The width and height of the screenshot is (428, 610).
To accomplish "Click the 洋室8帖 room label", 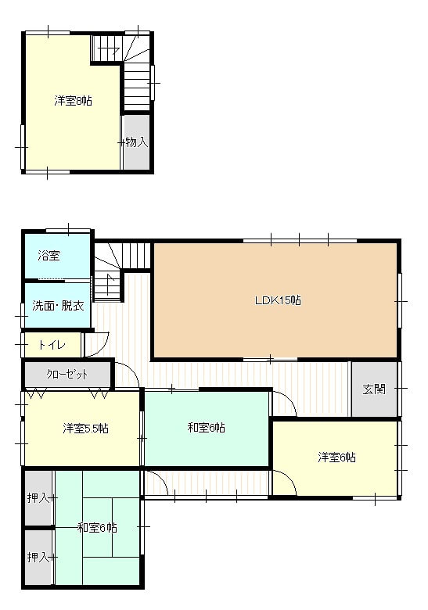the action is click(x=73, y=101).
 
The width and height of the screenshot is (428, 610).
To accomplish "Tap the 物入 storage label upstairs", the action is click(x=137, y=142).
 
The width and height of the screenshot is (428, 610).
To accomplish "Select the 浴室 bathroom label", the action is click(x=49, y=256).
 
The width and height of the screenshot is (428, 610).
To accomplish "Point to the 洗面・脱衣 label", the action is click(x=58, y=305).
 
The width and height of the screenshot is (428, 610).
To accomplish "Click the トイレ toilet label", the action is click(x=52, y=345).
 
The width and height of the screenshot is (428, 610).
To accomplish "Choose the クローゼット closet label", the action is click(x=67, y=375).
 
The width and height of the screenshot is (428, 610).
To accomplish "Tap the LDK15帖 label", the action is click(x=278, y=300).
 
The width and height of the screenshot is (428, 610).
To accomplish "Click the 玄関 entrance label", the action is click(x=374, y=389).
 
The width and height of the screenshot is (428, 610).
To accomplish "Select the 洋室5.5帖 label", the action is click(x=85, y=429).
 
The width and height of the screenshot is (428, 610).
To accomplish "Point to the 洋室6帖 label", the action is click(x=336, y=457).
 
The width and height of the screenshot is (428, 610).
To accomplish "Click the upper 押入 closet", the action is click(x=38, y=497).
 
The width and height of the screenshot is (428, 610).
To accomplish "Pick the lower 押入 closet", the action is click(x=38, y=557).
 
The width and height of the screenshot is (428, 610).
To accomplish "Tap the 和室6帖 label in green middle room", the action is click(x=207, y=428).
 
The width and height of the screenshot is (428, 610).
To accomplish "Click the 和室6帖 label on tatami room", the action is click(x=97, y=528).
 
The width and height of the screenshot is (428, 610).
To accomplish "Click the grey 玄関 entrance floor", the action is click(x=374, y=389).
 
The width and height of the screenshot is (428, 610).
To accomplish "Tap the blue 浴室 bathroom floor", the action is click(x=58, y=256).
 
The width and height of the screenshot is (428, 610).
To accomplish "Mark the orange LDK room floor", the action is click(x=275, y=300).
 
